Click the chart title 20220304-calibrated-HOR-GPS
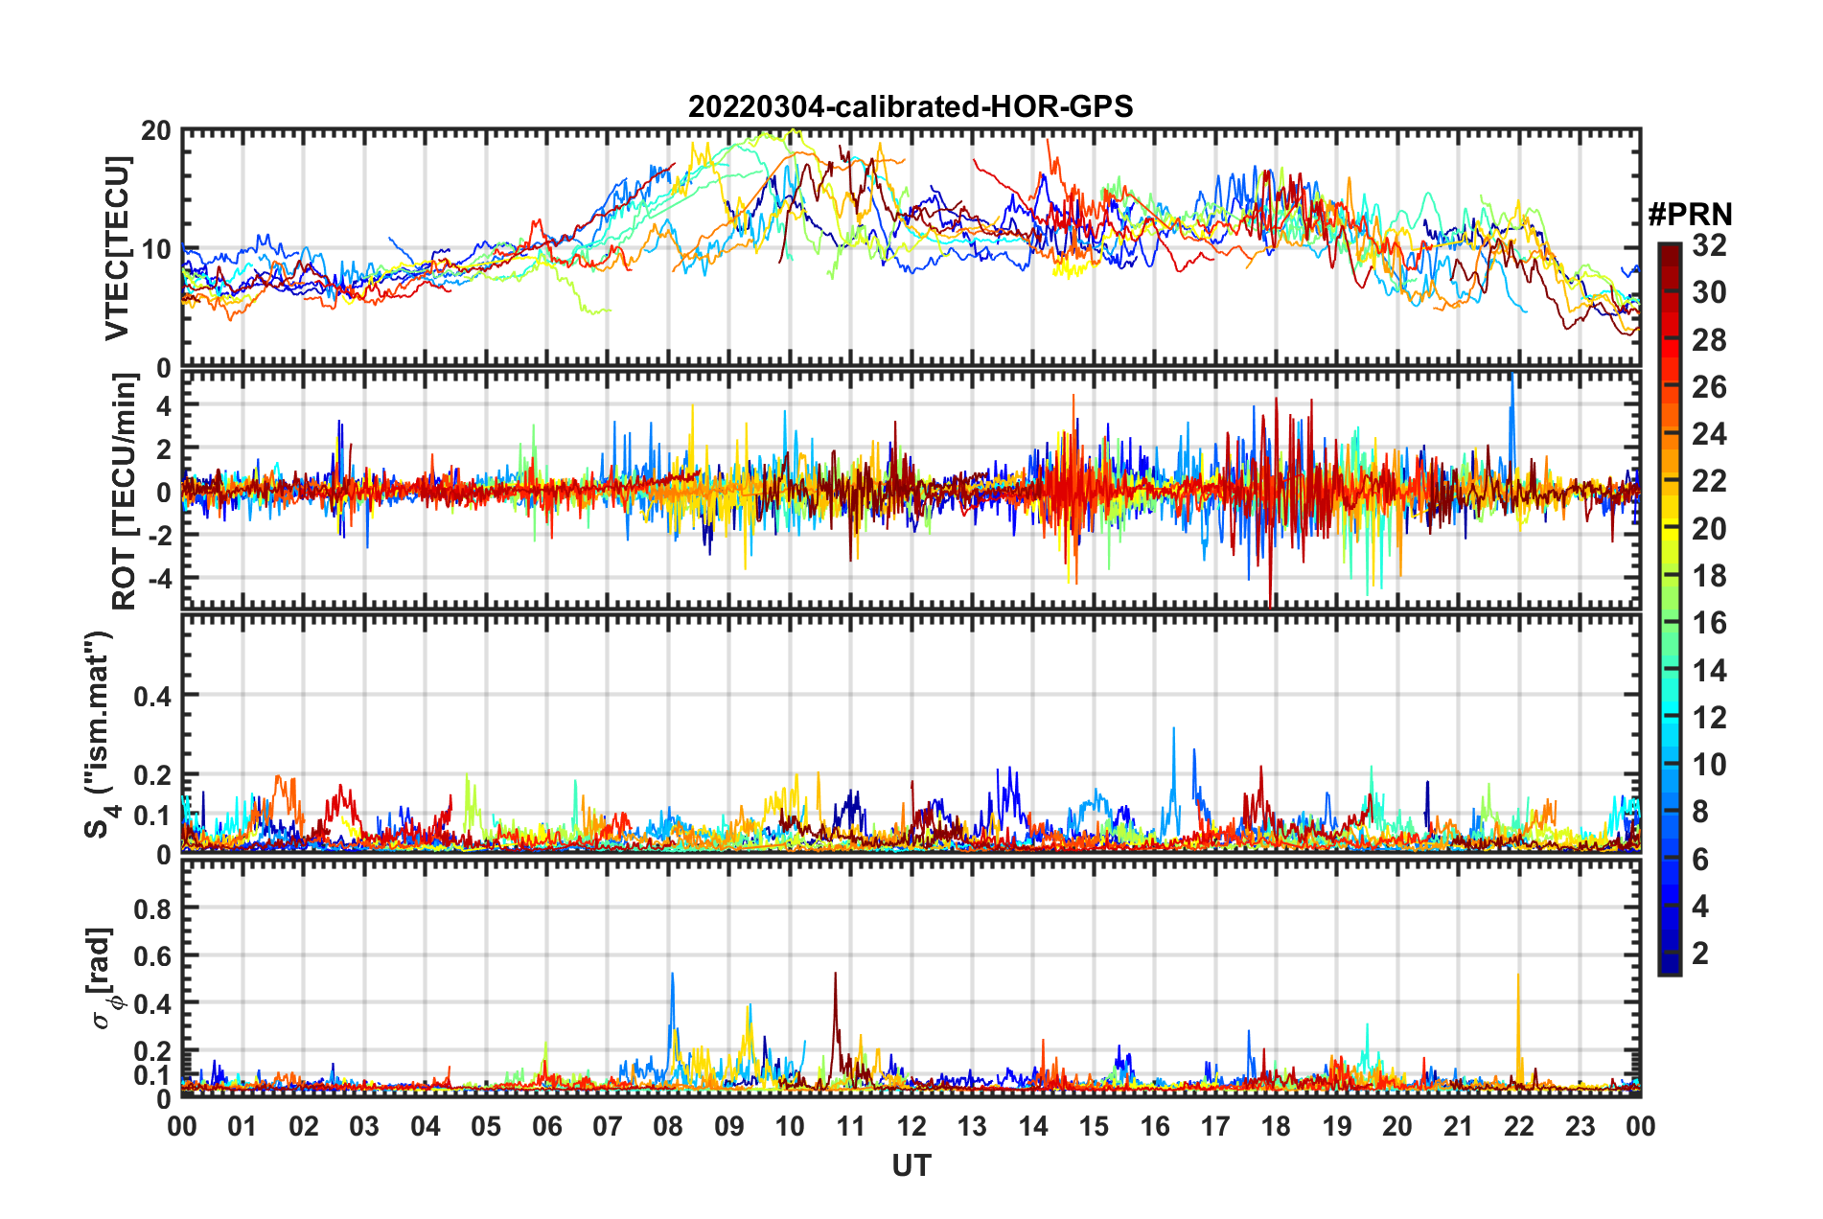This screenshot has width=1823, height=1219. point(911,106)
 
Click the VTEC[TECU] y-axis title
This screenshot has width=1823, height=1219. point(117,248)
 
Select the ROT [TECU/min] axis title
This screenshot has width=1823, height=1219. point(124,491)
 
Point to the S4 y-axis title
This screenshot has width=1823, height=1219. point(100,734)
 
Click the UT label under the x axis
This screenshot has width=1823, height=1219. point(911,1165)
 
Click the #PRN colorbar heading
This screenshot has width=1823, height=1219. point(1690,215)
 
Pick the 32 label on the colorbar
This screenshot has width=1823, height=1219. point(1709,246)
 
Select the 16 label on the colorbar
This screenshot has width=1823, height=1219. point(1709,624)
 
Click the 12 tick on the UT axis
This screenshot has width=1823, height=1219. point(911,1126)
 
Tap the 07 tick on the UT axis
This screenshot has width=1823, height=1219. point(608,1126)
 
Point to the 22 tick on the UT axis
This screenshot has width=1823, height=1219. point(1518,1126)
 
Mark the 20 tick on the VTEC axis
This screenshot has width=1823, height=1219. point(156,131)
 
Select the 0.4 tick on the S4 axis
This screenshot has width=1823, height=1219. point(152,696)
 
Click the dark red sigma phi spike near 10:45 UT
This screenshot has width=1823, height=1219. point(835,976)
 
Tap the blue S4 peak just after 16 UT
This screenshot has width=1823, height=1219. point(1174,730)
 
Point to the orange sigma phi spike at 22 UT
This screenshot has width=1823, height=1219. point(1518,977)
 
